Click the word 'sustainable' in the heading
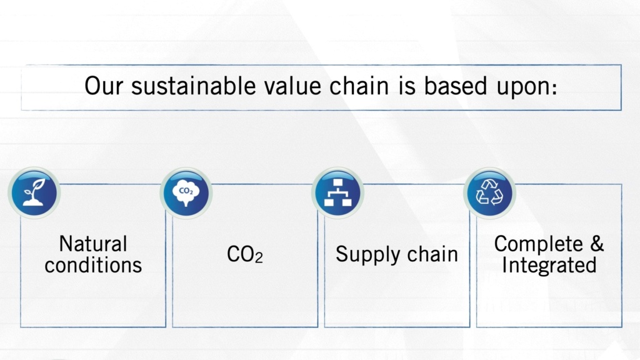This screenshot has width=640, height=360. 193,86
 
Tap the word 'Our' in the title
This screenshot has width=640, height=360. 103,86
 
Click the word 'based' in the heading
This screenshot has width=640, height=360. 455,86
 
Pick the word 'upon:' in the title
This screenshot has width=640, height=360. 526,88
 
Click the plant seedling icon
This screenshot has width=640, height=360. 34,192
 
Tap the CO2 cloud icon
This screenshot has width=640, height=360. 186,192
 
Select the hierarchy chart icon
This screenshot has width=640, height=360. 338,192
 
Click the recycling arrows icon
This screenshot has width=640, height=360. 490,192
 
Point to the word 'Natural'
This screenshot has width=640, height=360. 93,244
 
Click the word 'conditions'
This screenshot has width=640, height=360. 93,265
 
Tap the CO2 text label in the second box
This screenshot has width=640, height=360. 244,254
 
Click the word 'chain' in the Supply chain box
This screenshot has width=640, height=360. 432,254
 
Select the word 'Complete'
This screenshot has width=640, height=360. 538,245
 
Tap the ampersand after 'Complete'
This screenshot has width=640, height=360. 597,244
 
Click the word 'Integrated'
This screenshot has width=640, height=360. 549,266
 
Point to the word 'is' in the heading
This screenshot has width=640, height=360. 406,86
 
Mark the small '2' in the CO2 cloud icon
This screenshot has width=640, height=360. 191,192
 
